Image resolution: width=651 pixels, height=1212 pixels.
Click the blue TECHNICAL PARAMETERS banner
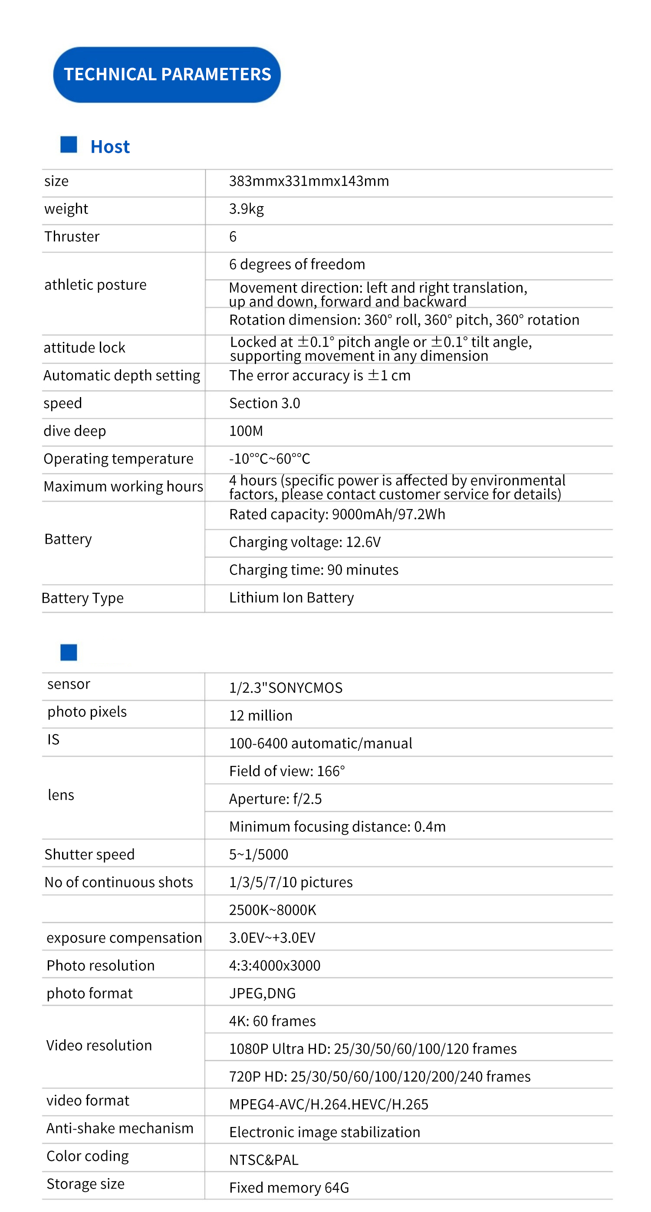167,74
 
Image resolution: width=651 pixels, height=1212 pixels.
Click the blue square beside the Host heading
69,145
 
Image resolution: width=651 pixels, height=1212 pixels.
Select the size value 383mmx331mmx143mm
309,181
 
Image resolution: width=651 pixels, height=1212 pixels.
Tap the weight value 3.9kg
246,209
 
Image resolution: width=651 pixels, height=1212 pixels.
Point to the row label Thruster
72,236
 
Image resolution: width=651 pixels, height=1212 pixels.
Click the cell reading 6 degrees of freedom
297,264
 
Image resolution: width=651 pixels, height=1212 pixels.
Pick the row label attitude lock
85,348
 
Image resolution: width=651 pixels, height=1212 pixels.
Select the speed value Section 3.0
265,403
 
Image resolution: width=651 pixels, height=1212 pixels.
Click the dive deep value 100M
246,431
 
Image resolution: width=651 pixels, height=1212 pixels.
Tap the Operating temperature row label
118,459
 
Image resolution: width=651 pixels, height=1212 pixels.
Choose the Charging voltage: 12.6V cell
305,542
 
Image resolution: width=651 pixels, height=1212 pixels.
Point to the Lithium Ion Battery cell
291,598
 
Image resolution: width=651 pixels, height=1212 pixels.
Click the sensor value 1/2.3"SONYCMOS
286,688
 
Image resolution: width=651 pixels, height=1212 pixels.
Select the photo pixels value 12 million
261,716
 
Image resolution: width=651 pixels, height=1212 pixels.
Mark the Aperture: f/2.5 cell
275,799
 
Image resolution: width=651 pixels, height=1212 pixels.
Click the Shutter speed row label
89,854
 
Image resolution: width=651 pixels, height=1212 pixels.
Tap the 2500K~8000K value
273,910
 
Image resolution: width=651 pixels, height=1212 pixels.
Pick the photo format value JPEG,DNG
262,993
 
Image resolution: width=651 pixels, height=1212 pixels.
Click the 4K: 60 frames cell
273,1021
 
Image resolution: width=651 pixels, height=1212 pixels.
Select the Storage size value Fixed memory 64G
289,1188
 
